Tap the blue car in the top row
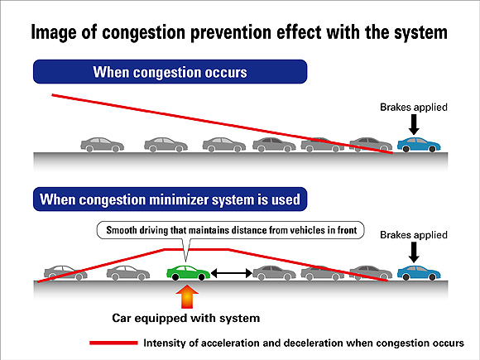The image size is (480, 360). (x=418, y=145)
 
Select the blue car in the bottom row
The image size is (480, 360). (x=418, y=272)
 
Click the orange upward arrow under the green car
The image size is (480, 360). (x=188, y=295)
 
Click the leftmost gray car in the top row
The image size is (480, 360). (x=102, y=145)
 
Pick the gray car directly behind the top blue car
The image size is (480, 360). (x=370, y=145)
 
